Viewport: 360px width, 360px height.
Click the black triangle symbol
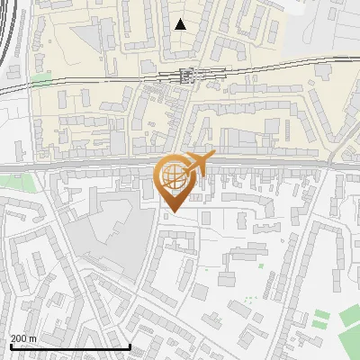tap(181, 24)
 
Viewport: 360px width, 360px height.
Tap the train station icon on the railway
tap(188, 76)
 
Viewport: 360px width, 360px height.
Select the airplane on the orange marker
tap(198, 165)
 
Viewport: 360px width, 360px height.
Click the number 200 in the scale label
tap(18, 338)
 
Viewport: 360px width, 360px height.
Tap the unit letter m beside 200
tap(32, 338)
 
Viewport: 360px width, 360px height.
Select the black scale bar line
tap(70, 346)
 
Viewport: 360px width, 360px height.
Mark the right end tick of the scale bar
tap(130, 346)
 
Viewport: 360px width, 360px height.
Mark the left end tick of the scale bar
tap(10, 346)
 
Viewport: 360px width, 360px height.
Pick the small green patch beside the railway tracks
tap(41, 79)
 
